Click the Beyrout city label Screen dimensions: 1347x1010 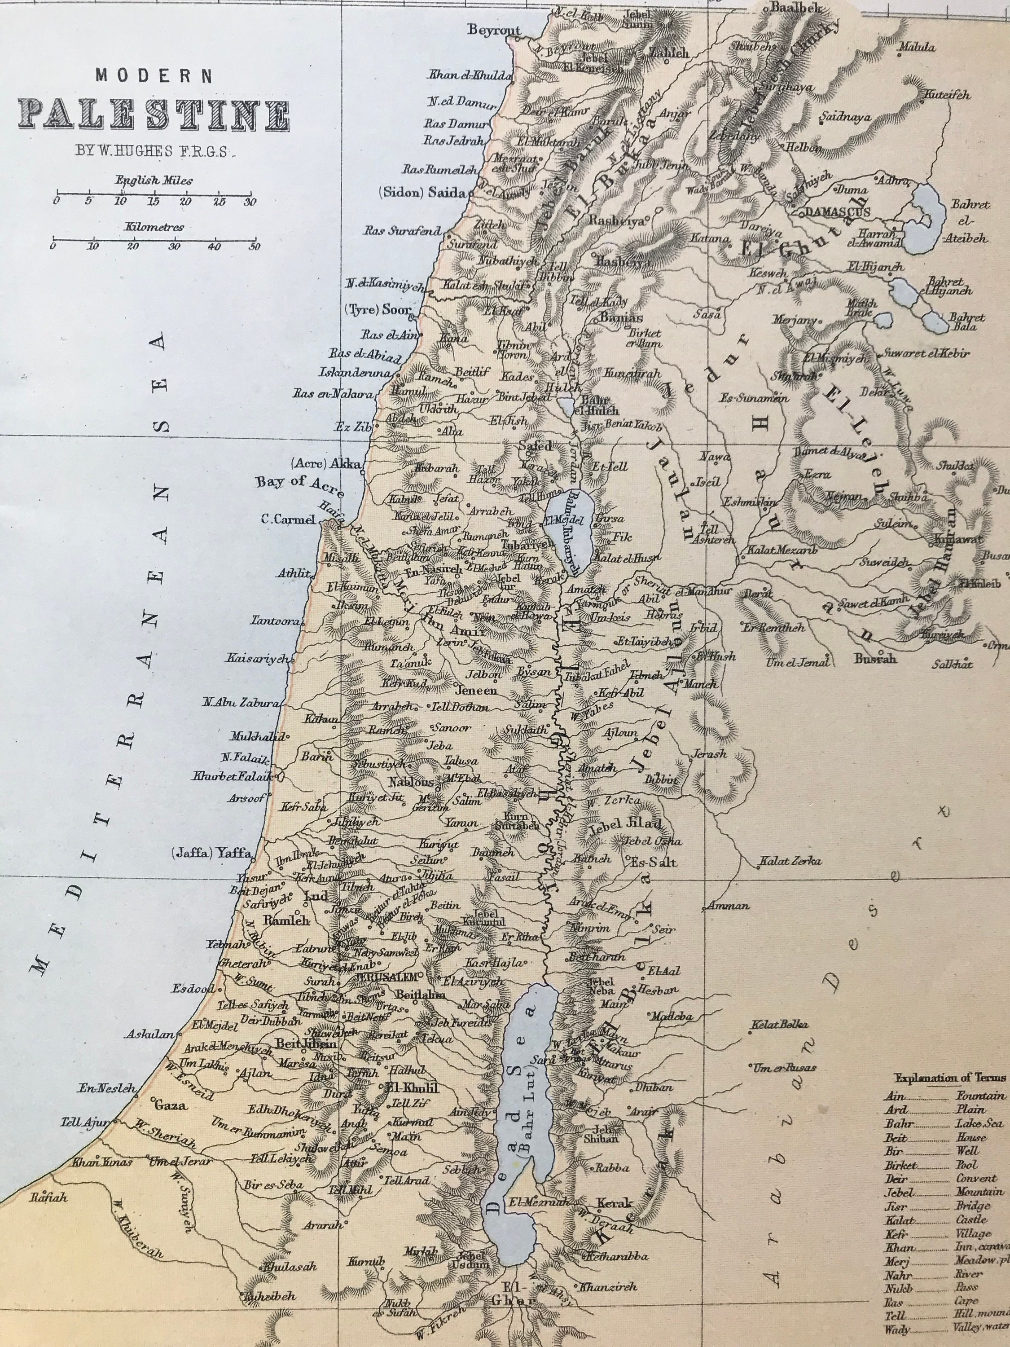point(494,31)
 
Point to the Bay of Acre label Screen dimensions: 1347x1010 point(299,482)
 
